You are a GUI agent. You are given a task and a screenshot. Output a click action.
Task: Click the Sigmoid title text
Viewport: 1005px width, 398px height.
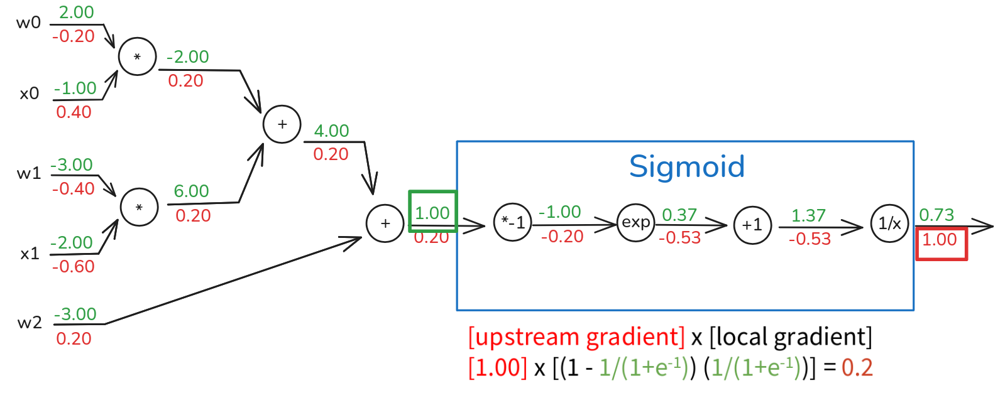pos(686,167)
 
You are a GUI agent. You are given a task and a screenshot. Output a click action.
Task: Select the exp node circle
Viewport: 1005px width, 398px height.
pos(635,223)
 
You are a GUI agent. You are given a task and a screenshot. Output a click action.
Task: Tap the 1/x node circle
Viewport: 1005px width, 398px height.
pos(889,223)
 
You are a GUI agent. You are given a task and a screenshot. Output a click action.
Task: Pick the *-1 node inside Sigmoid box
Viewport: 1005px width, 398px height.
pos(513,223)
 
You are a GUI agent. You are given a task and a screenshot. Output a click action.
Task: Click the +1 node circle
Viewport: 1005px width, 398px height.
pos(752,225)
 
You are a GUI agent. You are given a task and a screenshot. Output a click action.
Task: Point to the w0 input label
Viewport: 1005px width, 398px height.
pos(28,23)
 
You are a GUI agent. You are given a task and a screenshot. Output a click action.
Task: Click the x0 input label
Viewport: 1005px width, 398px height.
pos(29,94)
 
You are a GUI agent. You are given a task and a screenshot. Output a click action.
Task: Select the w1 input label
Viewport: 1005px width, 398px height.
pos(29,173)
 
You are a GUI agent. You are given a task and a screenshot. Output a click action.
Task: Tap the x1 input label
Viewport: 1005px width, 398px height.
pos(30,254)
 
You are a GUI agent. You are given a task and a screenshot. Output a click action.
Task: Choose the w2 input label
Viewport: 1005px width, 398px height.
pos(30,323)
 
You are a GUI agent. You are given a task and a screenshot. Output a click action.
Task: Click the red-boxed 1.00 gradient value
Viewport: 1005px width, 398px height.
pos(940,240)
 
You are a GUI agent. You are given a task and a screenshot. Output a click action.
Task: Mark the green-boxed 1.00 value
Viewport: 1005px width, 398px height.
pos(432,213)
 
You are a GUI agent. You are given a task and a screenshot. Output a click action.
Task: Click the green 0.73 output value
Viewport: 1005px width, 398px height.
pos(936,215)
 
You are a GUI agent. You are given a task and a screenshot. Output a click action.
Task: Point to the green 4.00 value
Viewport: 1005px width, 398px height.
pos(331,131)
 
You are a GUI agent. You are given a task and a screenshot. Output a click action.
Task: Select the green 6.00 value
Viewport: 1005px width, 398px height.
pos(191,191)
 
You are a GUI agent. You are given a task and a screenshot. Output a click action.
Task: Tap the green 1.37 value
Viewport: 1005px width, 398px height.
pos(808,215)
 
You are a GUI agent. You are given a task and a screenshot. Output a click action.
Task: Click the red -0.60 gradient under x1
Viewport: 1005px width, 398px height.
pos(74,267)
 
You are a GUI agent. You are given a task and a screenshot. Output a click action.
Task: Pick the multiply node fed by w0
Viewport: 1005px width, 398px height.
pos(137,56)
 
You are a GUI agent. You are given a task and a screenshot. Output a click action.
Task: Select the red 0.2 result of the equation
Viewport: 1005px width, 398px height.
pos(857,368)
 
